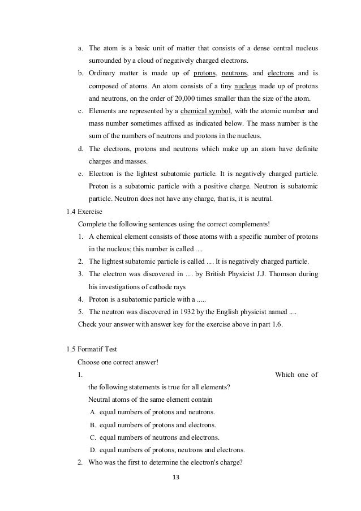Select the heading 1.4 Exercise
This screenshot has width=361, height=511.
[x=85, y=211]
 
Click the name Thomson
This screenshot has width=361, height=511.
[x=289, y=274]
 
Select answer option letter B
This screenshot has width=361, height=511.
[x=93, y=424]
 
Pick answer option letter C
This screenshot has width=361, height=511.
[x=93, y=437]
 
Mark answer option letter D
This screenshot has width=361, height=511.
[x=93, y=450]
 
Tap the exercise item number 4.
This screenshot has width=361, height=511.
[x=80, y=299]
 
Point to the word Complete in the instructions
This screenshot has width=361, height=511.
[x=92, y=224]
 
